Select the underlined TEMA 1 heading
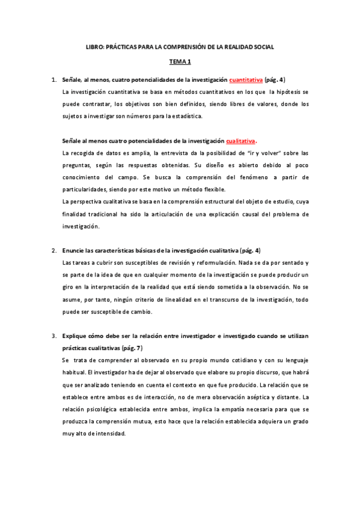coord(180,61)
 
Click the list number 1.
coord(53,79)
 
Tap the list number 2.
coord(53,250)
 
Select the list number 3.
coord(53,335)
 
